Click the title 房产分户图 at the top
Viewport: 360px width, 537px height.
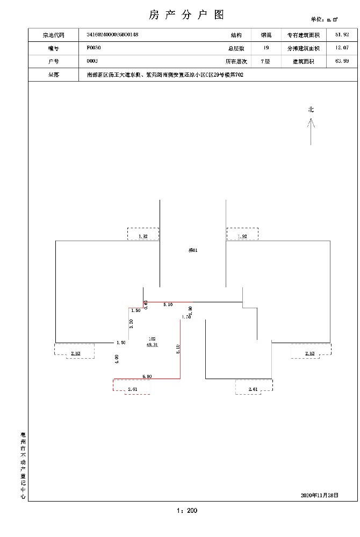pyautogui.click(x=185, y=14)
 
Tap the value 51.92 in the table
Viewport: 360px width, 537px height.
pyautogui.click(x=342, y=35)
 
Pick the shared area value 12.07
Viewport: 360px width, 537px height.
pyautogui.click(x=342, y=48)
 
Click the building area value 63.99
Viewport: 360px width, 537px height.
pyautogui.click(x=342, y=62)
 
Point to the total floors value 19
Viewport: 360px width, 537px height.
pyautogui.click(x=266, y=48)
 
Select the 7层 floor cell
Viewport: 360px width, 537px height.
pyautogui.click(x=265, y=62)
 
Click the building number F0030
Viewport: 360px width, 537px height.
pyautogui.click(x=93, y=48)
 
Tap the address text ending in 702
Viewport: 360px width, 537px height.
pyautogui.click(x=165, y=76)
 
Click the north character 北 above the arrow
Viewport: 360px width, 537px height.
pyautogui.click(x=311, y=110)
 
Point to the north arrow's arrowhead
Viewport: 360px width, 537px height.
pyautogui.click(x=311, y=121)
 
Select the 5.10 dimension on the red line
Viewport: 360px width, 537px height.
pyautogui.click(x=168, y=304)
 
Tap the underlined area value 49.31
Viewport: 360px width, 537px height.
pyautogui.click(x=152, y=345)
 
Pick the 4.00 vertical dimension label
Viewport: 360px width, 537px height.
pyautogui.click(x=116, y=359)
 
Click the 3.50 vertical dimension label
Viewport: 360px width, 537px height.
pyautogui.click(x=131, y=323)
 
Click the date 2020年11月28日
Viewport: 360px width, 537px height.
pyautogui.click(x=320, y=494)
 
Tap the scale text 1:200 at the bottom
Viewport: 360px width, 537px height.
pyautogui.click(x=186, y=511)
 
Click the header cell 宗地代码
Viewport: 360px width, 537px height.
pyautogui.click(x=53, y=35)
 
